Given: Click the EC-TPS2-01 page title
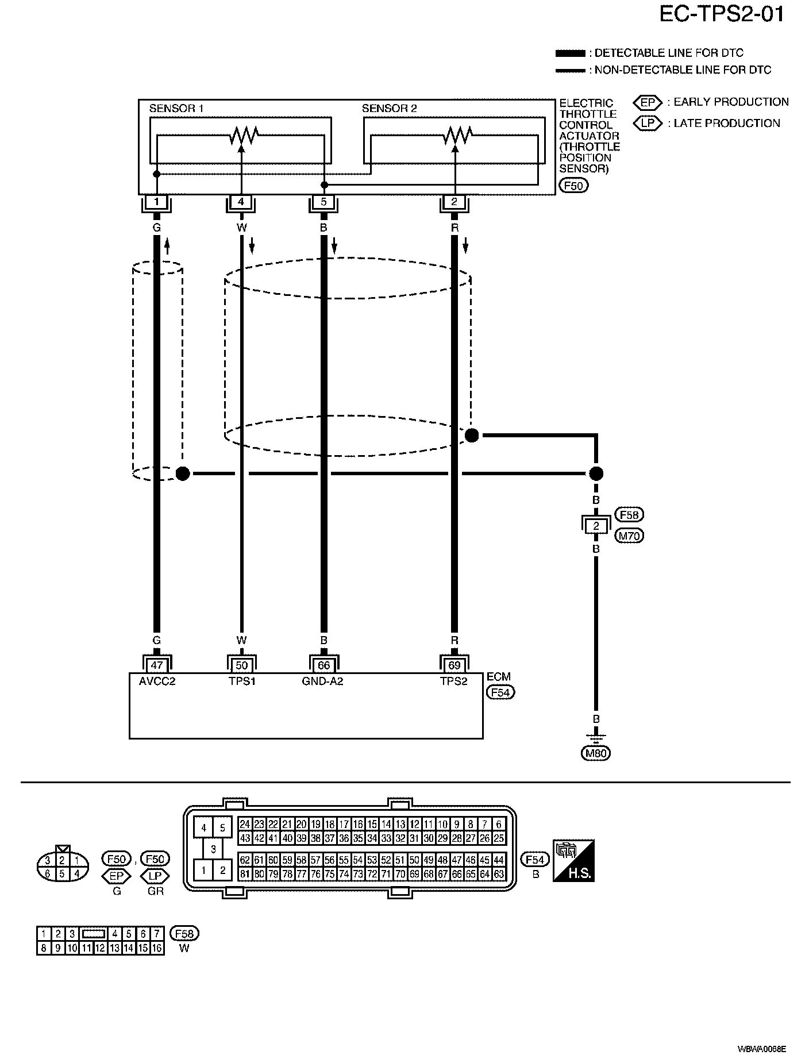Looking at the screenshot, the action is [721, 14].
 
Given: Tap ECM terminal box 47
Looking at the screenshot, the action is [156, 665].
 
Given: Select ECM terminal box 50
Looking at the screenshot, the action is [241, 665].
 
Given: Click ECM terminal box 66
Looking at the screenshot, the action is [323, 665].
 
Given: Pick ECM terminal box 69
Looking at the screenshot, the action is [454, 665].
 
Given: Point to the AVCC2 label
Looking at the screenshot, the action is [157, 681].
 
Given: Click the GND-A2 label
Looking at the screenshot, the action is [322, 681].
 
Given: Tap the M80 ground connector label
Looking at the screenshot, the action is [596, 753].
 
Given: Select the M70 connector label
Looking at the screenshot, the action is [630, 536].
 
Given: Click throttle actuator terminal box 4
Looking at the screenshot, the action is [241, 202].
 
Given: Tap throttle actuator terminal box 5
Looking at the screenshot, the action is [323, 202].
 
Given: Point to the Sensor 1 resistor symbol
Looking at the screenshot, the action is [244, 136].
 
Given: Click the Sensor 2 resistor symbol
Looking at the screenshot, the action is [457, 136].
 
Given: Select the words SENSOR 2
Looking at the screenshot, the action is [389, 109].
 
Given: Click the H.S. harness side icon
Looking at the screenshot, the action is [573, 861].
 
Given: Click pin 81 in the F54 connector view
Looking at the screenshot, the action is [245, 874].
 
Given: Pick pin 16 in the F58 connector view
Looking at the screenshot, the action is [157, 948].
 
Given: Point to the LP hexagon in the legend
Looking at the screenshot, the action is [648, 123].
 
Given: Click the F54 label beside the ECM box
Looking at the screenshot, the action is [500, 692].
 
